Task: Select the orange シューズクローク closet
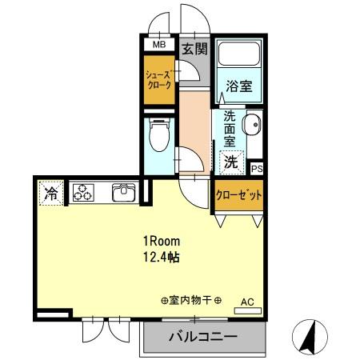click(x=158, y=80)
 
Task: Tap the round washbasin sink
click(x=252, y=125)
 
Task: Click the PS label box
click(x=256, y=169)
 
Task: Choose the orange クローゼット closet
click(x=238, y=194)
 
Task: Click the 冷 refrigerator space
click(x=50, y=193)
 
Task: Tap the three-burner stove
click(x=83, y=193)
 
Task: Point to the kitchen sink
click(x=126, y=193)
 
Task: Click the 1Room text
click(x=162, y=241)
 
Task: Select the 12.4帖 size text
click(x=162, y=258)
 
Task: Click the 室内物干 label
click(x=190, y=302)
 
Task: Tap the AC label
click(x=248, y=302)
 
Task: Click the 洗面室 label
click(x=229, y=127)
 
